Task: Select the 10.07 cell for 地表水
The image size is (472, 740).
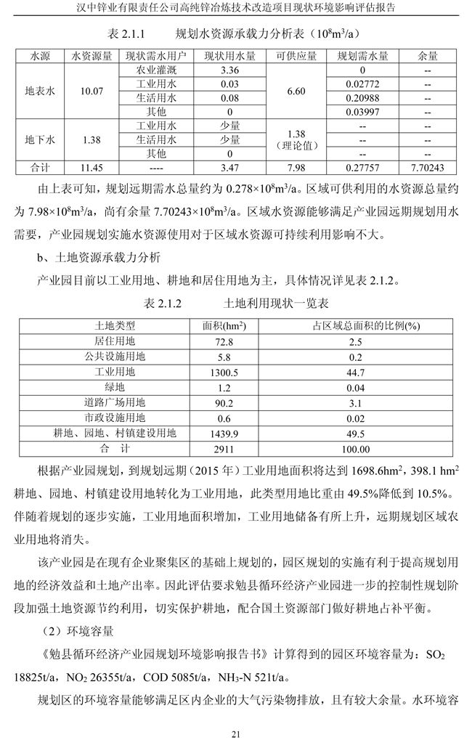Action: point(92,92)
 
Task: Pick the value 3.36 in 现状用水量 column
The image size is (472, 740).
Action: point(229,70)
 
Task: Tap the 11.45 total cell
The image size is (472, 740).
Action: point(92,167)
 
